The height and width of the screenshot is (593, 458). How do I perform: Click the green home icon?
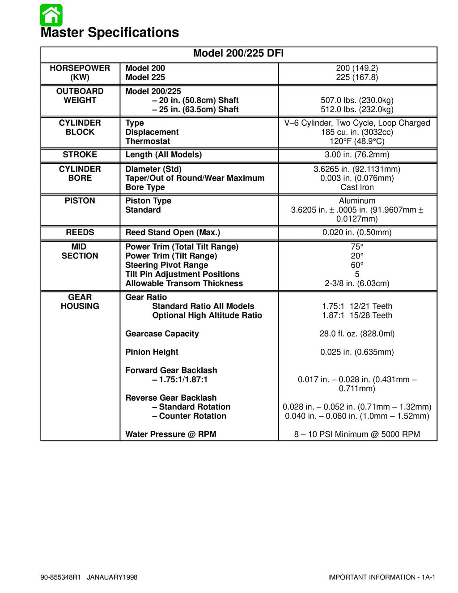(51, 15)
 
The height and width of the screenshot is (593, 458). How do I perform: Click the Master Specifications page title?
(110, 33)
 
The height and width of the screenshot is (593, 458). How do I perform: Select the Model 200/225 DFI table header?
(238, 54)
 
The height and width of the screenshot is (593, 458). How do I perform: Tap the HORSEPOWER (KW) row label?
(80, 72)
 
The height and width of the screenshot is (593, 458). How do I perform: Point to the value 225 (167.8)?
(357, 77)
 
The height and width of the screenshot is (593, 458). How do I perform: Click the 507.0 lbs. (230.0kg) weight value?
(357, 100)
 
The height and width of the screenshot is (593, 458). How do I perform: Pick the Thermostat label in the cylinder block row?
(148, 141)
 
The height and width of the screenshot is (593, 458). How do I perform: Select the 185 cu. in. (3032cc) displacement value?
(357, 132)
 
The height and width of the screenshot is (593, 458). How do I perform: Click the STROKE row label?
(80, 155)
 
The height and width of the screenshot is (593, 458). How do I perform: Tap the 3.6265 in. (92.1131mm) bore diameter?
(357, 169)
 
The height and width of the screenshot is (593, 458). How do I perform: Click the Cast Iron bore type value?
(357, 187)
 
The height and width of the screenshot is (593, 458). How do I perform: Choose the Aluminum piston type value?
(357, 201)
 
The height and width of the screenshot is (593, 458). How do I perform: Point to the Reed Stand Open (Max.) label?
(173, 233)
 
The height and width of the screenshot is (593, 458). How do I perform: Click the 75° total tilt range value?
(357, 247)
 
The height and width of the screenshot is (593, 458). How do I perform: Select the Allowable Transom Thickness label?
(184, 284)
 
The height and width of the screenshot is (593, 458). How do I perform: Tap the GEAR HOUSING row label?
(80, 302)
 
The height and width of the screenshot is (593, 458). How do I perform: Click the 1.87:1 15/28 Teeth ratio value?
(357, 315)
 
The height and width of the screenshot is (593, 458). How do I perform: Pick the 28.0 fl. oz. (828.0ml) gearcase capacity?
(357, 334)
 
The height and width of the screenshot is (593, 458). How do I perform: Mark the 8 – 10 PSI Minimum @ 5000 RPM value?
(357, 434)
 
